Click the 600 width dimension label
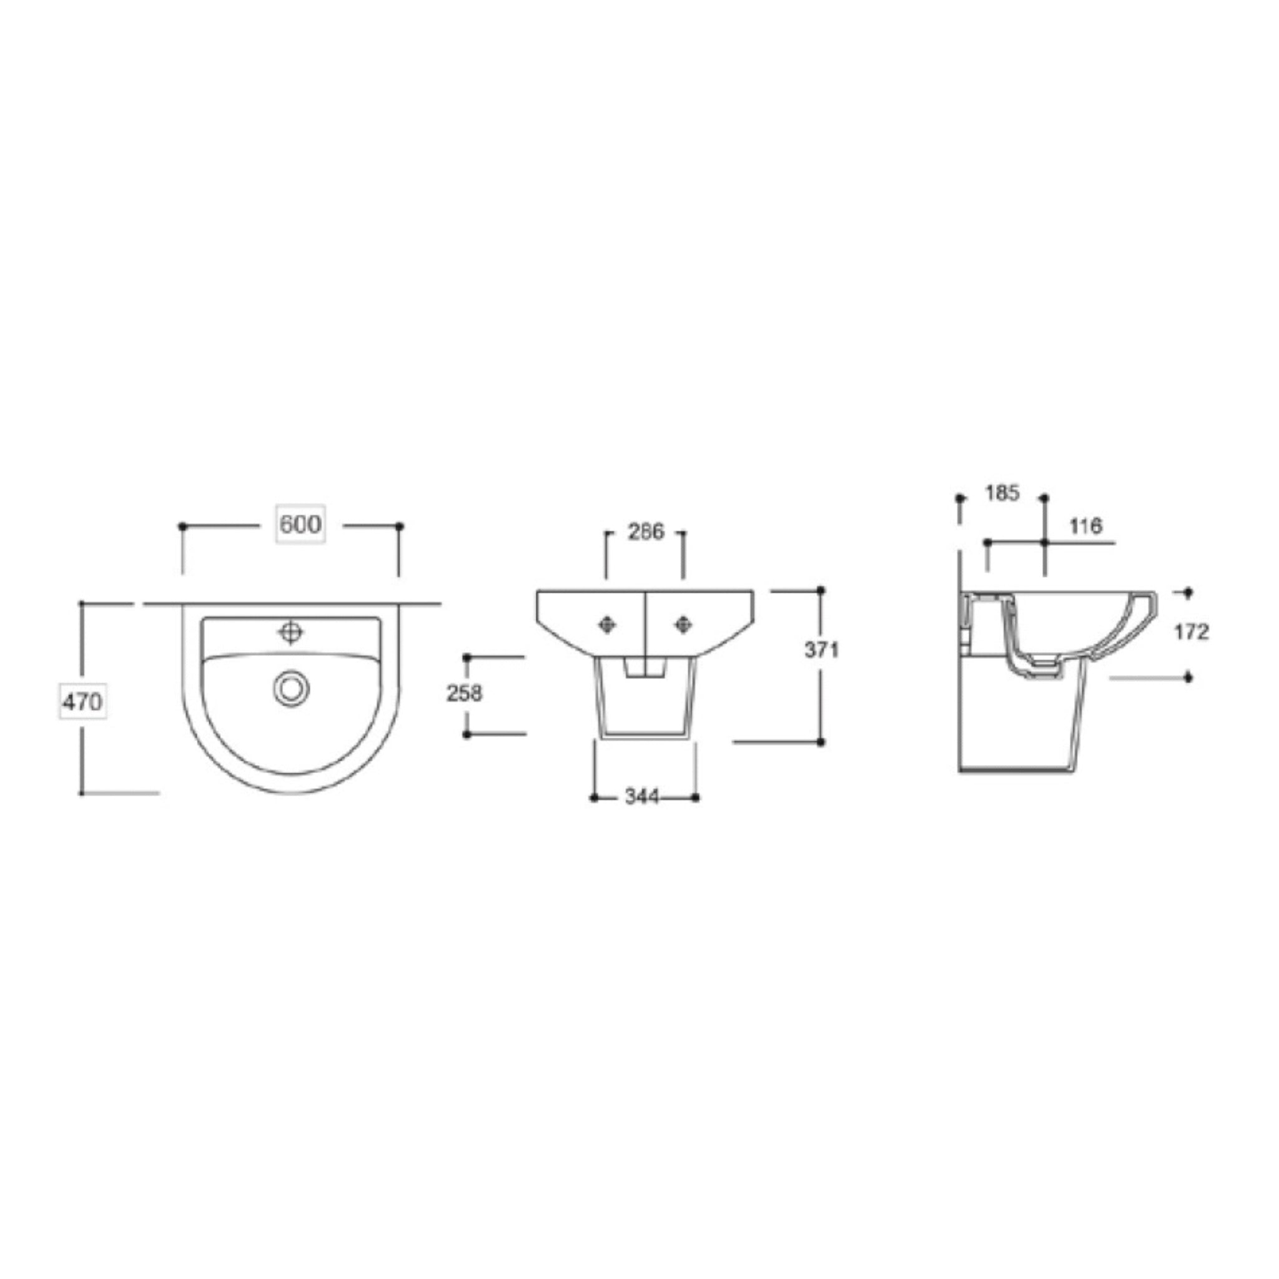(x=300, y=525)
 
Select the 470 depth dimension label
(x=82, y=701)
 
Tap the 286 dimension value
(x=646, y=531)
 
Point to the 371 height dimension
(x=822, y=650)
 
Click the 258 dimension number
(x=465, y=693)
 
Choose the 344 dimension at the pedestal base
(x=642, y=797)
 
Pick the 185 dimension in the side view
(x=1002, y=493)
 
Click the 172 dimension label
(x=1192, y=632)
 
